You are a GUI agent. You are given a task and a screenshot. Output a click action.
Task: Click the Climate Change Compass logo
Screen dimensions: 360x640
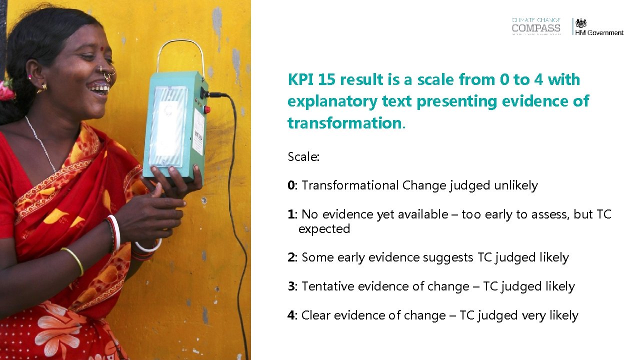click(536, 26)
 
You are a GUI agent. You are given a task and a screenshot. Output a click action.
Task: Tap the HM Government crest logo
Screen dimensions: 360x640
click(580, 23)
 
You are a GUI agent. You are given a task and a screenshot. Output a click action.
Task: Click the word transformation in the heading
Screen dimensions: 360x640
click(344, 123)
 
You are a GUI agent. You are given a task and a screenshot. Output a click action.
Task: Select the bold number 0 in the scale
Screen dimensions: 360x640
click(291, 185)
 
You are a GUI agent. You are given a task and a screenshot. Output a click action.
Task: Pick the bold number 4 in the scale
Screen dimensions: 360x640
click(291, 315)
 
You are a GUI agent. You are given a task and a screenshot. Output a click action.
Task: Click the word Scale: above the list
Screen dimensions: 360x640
click(303, 157)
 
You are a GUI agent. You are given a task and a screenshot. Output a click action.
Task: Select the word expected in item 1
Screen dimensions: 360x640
click(324, 229)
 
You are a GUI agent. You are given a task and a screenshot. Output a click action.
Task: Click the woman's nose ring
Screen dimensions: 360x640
click(107, 75)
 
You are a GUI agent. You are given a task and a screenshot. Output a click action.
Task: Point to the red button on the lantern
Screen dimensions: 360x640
click(207, 109)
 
